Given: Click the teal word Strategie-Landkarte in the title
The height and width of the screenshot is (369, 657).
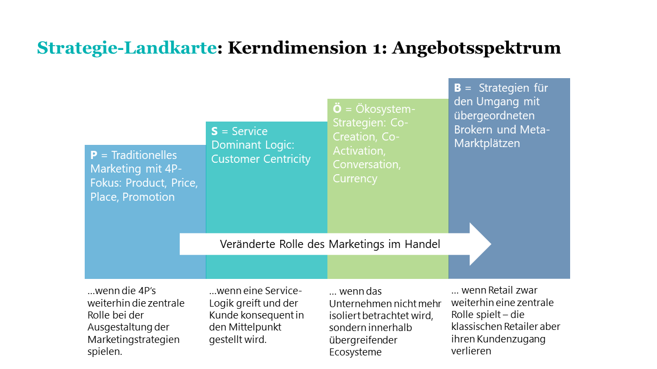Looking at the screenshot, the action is tap(127, 48).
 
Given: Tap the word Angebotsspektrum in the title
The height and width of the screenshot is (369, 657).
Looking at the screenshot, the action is tap(476, 48).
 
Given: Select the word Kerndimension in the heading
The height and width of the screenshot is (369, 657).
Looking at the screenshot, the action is tap(298, 48).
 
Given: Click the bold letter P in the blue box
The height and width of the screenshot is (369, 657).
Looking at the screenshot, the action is tap(94, 155).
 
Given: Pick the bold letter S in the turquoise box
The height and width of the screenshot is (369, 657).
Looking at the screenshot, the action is tap(214, 131).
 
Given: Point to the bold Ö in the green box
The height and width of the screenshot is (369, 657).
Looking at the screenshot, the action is tap(337, 109).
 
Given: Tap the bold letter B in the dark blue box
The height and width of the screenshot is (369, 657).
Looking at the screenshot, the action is tap(458, 87).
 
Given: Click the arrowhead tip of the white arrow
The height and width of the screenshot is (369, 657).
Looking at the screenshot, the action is tap(491, 244).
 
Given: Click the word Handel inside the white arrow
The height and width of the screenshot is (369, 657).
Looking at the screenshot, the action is tap(422, 244).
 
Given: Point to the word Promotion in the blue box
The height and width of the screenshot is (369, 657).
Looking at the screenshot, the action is tap(148, 197).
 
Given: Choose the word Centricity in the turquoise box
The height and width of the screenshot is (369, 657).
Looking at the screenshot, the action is tap(287, 159).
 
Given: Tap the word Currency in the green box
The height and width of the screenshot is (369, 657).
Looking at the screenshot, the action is tap(355, 179).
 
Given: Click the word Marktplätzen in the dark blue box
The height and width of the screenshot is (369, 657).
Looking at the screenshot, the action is tap(487, 144).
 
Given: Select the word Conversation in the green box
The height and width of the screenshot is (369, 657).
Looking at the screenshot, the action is tap(367, 164).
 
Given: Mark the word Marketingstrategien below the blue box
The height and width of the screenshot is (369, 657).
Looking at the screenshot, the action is tap(134, 339).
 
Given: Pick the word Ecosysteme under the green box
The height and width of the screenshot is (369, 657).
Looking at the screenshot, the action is tap(355, 352).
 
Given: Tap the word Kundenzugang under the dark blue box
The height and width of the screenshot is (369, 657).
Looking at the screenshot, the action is tap(511, 339).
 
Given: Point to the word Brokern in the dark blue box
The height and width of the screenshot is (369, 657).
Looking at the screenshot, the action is tap(471, 130).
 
